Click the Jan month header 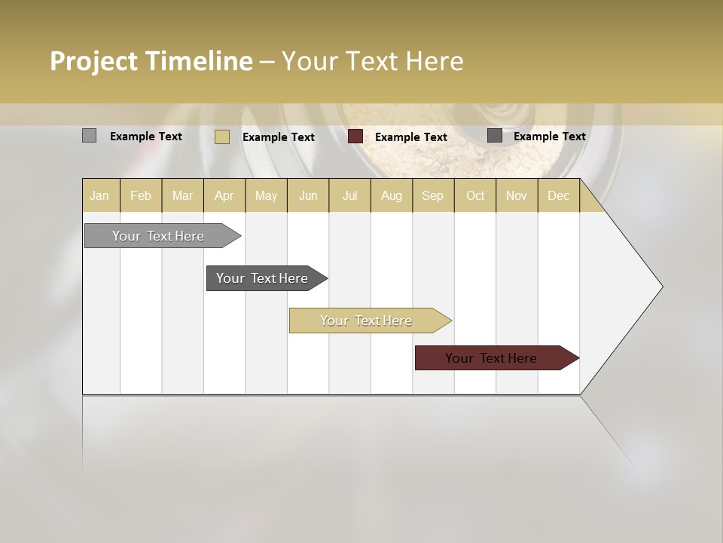click(99, 196)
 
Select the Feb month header click(141, 196)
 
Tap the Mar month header click(182, 196)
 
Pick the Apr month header click(224, 196)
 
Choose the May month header click(266, 196)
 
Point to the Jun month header click(308, 196)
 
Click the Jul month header click(349, 196)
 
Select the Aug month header click(392, 196)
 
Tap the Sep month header click(433, 196)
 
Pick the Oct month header click(475, 196)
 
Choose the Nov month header click(517, 196)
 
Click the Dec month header click(559, 196)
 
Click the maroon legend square click(355, 137)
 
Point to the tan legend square click(222, 137)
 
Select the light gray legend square click(90, 136)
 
